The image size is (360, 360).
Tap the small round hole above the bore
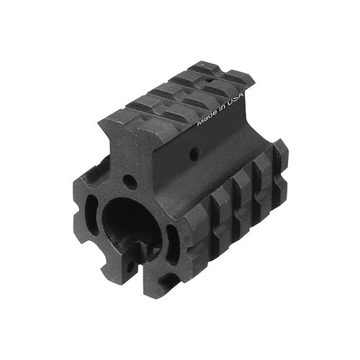(x=130, y=181)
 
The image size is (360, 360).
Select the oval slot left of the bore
(x=91, y=214)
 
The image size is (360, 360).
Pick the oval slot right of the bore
(x=173, y=245)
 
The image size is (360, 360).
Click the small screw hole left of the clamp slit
(x=130, y=267)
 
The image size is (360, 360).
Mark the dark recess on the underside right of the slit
(x=168, y=279)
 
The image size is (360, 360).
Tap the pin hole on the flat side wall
(x=195, y=152)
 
